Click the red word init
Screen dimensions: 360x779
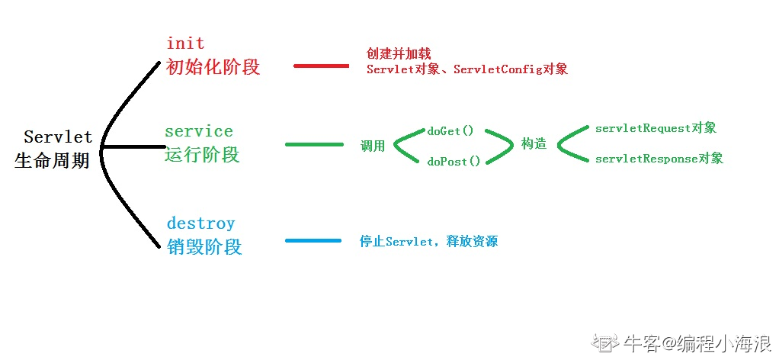(185, 43)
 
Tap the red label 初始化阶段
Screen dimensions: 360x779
(213, 67)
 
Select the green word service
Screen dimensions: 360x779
(198, 131)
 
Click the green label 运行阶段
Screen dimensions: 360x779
(202, 155)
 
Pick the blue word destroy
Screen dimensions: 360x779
(200, 223)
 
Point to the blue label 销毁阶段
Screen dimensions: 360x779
(204, 247)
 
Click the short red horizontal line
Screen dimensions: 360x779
(321, 66)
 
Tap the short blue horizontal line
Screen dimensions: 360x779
(313, 241)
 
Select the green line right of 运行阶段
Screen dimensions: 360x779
(314, 143)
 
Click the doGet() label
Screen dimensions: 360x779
(450, 131)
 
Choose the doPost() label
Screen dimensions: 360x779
(453, 162)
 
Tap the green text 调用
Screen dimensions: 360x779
(373, 146)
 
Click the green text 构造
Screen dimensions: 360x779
(534, 143)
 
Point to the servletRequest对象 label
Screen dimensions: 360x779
(656, 128)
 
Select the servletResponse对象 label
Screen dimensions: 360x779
(659, 159)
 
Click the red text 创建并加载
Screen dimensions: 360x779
(399, 54)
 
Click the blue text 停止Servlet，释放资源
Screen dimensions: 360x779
(428, 242)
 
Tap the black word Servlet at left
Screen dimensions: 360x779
(58, 137)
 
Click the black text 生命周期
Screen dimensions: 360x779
(52, 162)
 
